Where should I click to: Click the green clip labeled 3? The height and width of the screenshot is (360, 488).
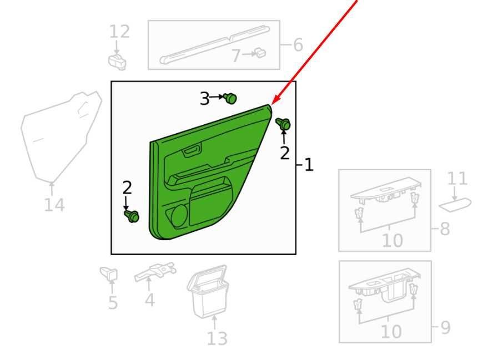tap(230, 98)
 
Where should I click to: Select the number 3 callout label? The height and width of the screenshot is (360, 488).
tap(204, 99)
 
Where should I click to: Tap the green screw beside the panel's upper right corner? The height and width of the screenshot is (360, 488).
tap(284, 124)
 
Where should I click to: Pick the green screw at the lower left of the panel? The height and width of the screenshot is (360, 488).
tap(132, 216)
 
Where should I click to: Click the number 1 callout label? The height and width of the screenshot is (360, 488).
tap(309, 164)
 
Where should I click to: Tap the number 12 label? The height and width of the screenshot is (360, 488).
tap(119, 32)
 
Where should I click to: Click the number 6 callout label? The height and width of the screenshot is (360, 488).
tap(298, 45)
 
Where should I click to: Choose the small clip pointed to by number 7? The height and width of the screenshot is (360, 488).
tap(260, 53)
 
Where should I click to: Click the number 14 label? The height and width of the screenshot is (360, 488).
tap(54, 205)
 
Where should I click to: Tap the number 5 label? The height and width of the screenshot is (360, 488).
tap(113, 303)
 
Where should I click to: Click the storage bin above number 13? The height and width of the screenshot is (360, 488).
tap(208, 292)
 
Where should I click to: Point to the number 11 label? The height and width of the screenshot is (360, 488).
tap(457, 179)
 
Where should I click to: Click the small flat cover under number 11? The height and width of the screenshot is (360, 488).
tap(455, 205)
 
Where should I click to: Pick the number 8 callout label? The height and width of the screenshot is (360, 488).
tap(445, 229)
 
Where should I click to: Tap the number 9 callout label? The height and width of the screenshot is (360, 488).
tap(446, 327)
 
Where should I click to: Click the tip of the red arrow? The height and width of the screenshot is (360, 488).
tap(271, 104)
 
